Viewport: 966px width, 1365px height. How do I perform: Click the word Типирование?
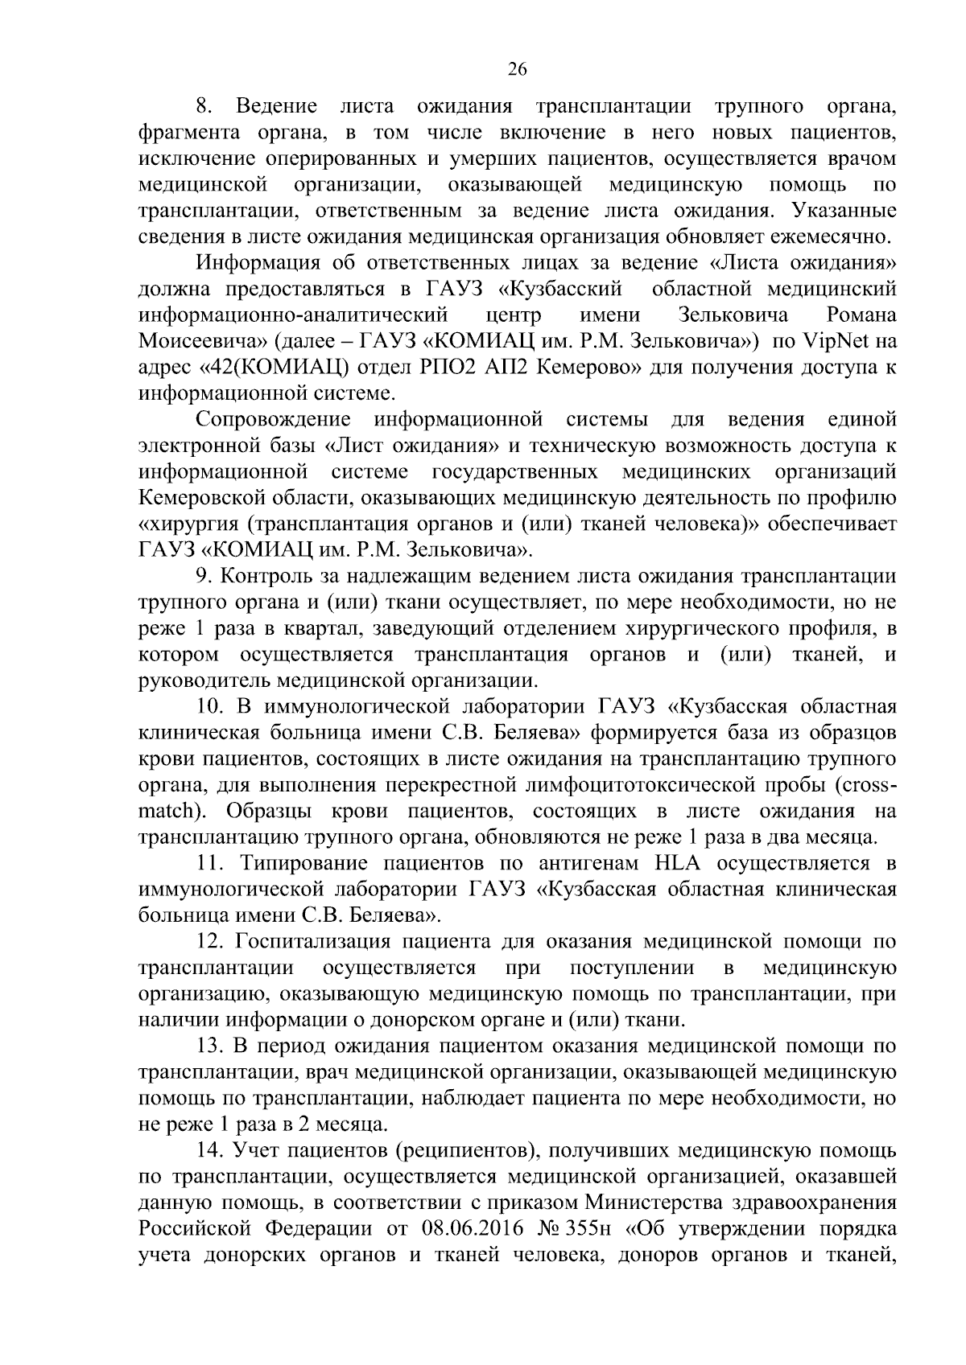[302, 864]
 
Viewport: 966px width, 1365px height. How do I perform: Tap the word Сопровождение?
[274, 420]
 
